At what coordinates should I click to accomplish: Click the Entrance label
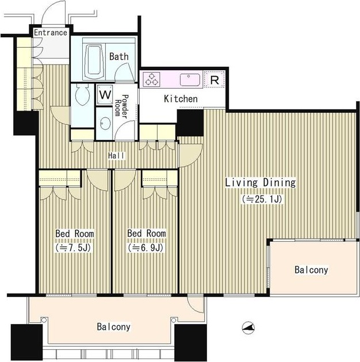click(51, 33)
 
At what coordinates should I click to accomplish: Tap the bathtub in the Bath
click(94, 60)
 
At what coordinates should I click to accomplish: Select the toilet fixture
click(82, 94)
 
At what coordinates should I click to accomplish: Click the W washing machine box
click(105, 94)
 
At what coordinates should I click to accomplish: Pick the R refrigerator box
click(215, 79)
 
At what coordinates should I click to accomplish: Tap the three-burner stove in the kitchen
click(151, 79)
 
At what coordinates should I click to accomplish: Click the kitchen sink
click(190, 79)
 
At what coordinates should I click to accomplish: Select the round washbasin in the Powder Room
click(105, 123)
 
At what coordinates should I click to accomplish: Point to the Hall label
click(117, 155)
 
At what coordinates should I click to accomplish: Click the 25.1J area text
click(262, 199)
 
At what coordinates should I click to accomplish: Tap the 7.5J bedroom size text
click(74, 247)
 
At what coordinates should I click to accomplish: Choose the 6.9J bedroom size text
click(146, 247)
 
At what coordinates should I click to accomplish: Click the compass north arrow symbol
click(248, 327)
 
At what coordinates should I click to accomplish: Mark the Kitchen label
click(181, 99)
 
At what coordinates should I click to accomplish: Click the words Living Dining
click(261, 182)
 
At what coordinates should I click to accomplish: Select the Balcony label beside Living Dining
click(311, 270)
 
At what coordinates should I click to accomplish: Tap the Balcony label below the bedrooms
click(113, 327)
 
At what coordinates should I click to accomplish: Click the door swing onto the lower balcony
click(196, 304)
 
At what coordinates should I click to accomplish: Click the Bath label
click(119, 56)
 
